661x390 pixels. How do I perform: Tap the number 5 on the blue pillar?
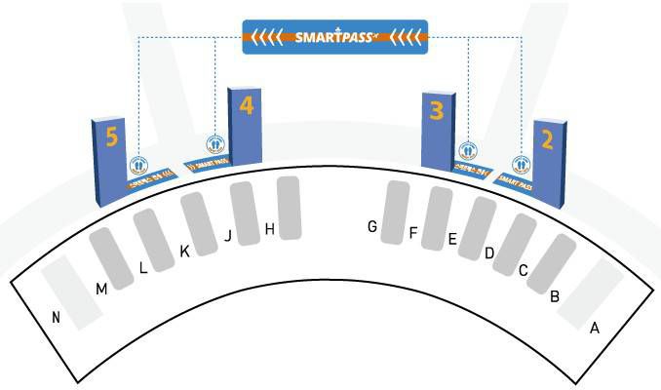pyautogui.click(x=112, y=137)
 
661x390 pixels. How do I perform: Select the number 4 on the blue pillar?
pyautogui.click(x=246, y=104)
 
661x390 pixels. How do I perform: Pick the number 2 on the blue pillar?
pyautogui.click(x=547, y=138)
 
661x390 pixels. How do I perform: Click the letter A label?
pyautogui.click(x=594, y=328)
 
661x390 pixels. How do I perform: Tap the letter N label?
pyautogui.click(x=57, y=317)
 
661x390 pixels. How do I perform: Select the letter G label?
pyautogui.click(x=372, y=226)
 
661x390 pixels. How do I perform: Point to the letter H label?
pyautogui.click(x=270, y=229)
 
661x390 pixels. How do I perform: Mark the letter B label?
pyautogui.click(x=554, y=296)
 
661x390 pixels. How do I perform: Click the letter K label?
pyautogui.click(x=184, y=252)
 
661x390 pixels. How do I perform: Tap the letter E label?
pyautogui.click(x=451, y=238)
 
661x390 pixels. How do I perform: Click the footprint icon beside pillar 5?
pyautogui.click(x=138, y=165)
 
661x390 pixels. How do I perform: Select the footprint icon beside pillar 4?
pyautogui.click(x=215, y=143)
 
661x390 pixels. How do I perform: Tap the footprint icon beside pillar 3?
pyautogui.click(x=468, y=151)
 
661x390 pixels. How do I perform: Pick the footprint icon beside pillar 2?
pyautogui.click(x=522, y=165)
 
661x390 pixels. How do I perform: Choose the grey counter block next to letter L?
pyautogui.click(x=154, y=238)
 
